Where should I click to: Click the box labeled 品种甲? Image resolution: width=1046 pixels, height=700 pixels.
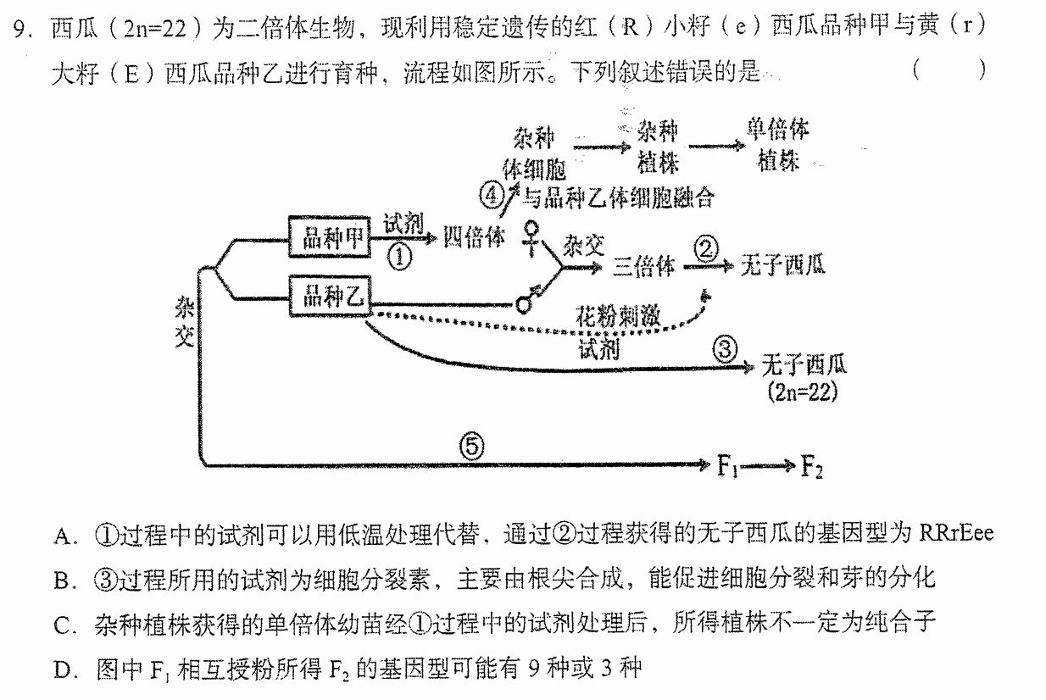329,236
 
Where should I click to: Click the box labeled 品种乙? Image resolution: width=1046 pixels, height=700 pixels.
330,296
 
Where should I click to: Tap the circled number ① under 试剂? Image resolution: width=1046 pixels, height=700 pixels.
400,258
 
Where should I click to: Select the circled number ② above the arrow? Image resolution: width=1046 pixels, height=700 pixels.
706,248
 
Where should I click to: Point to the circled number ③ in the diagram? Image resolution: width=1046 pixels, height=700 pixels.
725,348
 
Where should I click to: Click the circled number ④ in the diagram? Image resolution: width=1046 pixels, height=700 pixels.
492,195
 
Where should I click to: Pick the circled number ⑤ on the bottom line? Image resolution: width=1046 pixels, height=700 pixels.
471,447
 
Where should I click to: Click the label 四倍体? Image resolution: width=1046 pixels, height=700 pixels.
474,237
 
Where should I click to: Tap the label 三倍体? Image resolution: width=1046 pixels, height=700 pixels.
643,267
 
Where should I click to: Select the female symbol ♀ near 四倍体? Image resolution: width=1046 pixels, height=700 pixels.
531,238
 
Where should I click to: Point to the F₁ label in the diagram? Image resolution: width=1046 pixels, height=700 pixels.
727,466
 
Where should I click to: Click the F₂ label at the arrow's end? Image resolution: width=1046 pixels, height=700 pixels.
811,466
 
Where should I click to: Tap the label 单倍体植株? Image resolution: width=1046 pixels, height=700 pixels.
778,145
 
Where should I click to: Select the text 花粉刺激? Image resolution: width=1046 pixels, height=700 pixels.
618,315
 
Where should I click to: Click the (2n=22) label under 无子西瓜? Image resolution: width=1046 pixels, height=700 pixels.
803,392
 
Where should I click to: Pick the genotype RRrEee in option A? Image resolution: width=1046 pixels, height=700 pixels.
956,533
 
